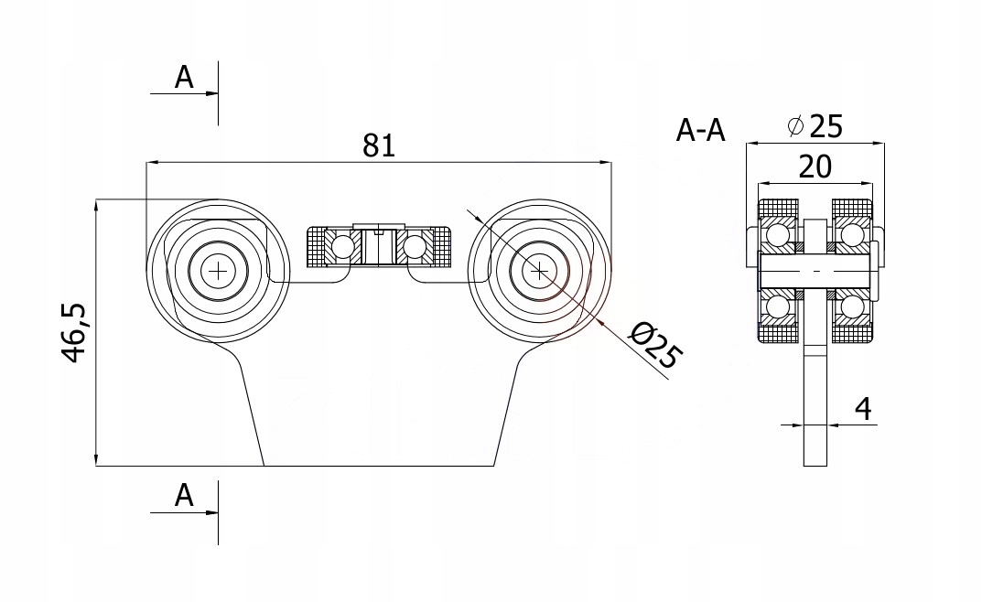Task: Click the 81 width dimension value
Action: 378,145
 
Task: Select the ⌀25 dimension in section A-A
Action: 815,125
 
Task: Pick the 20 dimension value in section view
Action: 815,167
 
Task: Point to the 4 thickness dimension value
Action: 861,409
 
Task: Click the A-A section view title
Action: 700,132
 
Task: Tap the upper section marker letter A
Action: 185,79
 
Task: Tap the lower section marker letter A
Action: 185,496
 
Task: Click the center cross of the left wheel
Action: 219,270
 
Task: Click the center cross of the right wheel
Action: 540,270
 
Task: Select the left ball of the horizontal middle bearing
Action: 343,245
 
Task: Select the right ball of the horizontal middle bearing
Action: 414,245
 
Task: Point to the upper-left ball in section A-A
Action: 779,235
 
